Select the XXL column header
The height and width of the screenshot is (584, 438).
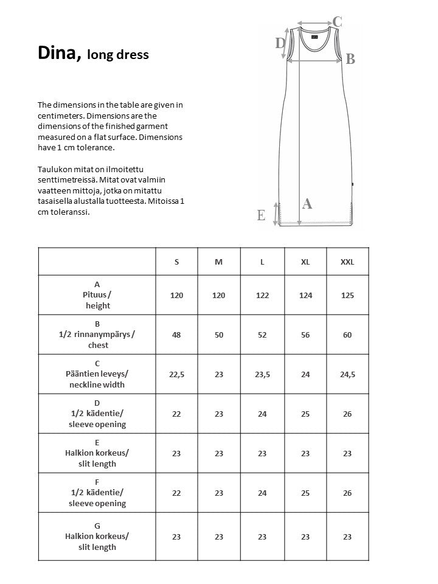(x=347, y=262)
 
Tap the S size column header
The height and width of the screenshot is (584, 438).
(x=176, y=262)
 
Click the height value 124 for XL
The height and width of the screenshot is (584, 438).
(x=305, y=295)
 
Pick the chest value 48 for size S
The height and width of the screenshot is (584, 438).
(x=176, y=335)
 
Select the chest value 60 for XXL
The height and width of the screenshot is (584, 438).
(x=347, y=335)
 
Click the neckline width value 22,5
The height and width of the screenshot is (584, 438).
(x=176, y=374)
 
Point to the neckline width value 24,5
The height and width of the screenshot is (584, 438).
(x=347, y=374)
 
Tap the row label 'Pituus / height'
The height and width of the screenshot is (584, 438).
(x=97, y=295)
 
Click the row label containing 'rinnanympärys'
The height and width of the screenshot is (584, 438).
(x=97, y=335)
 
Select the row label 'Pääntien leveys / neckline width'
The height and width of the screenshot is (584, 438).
(x=97, y=374)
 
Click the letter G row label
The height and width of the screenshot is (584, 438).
(x=97, y=526)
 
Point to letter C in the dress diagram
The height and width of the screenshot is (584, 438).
(x=338, y=22)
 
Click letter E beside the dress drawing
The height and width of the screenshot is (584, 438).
(x=261, y=215)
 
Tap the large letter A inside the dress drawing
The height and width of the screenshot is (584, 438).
(x=307, y=204)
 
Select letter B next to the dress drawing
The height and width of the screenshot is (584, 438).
(x=350, y=59)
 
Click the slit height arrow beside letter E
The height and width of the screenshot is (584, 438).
(x=277, y=214)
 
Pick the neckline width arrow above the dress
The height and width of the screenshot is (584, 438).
(x=315, y=25)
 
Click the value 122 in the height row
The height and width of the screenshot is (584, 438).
(x=262, y=295)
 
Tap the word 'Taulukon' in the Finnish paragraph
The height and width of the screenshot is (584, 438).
(x=54, y=169)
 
